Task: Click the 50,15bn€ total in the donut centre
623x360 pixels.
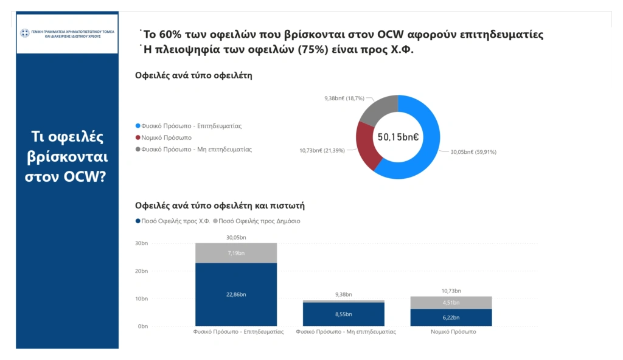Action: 398,137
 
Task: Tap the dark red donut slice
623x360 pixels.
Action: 367,146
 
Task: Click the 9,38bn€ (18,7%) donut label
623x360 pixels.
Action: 344,98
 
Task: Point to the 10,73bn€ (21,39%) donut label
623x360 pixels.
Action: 322,150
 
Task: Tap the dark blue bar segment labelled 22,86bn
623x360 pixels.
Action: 236,294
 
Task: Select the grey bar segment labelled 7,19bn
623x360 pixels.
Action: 236,253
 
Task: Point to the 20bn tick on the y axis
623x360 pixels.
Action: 142,271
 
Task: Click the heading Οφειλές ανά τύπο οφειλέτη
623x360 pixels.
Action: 193,76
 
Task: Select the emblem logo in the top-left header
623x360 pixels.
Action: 25,34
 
